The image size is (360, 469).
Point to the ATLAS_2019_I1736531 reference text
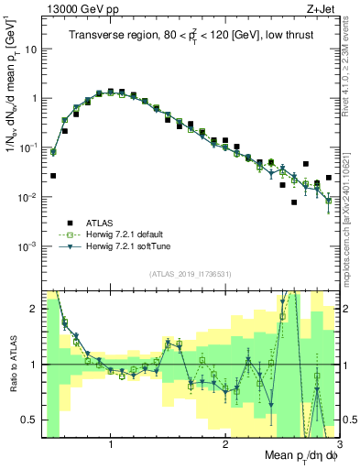coord(189,274)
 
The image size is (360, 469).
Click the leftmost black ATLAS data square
coord(53,175)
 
